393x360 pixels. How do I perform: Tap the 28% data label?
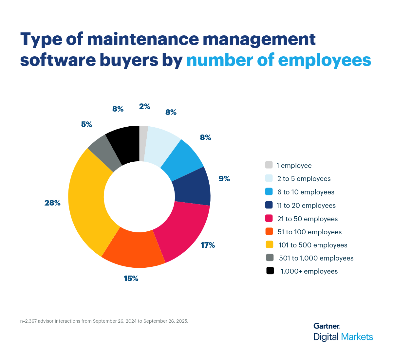52,203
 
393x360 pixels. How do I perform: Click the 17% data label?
208,245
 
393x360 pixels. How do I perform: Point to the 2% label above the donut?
144,106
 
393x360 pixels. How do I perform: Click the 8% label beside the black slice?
118,109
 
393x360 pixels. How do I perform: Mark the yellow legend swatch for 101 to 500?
269,244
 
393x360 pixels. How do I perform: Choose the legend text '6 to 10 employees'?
306,192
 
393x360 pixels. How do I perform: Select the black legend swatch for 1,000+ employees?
270,271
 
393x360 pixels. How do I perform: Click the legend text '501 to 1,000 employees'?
316,258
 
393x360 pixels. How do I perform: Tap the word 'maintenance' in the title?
143,39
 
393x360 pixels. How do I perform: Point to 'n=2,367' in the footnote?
28,321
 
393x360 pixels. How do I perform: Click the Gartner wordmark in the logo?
327,326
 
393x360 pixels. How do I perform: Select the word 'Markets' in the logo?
357,337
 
